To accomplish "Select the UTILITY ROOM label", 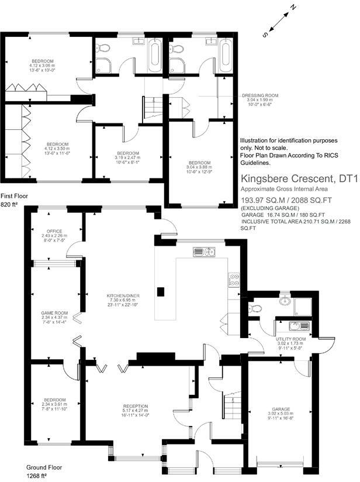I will [x=290, y=339].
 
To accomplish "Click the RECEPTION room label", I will [x=135, y=405].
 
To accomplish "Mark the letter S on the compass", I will [x=265, y=35].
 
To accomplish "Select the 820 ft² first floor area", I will [x=10, y=205].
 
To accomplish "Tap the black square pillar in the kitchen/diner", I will [x=162, y=292].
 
